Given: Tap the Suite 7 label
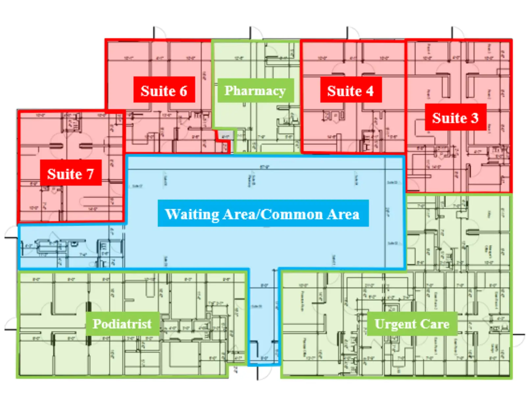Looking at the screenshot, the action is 71,173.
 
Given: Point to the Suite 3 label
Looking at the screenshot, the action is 455,118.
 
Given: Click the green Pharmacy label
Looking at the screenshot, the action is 255,90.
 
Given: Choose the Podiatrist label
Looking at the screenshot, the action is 122,324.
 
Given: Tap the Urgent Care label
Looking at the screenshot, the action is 412,324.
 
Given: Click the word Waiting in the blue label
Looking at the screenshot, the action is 192,214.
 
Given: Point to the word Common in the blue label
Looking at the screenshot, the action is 292,214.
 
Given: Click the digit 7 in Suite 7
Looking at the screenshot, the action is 90,174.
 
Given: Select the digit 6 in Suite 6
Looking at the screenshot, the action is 183,91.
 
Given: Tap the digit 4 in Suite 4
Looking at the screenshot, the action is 370,91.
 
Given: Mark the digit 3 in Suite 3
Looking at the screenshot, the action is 474,118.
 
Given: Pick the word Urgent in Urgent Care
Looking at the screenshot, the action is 395,324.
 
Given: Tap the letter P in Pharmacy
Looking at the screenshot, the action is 228,90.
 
